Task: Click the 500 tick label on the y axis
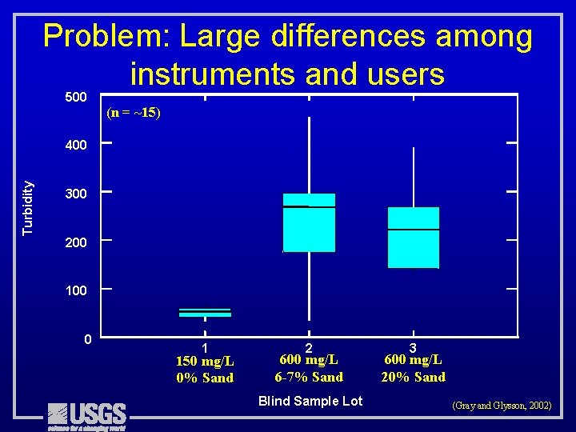coord(76,98)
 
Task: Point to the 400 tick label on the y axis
coord(76,146)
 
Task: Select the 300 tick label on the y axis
coord(76,194)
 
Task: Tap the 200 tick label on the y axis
coord(76,242)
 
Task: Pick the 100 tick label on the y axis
coord(76,290)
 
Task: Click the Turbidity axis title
coord(28,207)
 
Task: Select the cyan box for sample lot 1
coord(205,313)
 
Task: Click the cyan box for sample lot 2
coord(309,223)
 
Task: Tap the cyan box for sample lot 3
coord(413,238)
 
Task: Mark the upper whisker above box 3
coord(413,177)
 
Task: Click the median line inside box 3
coord(413,230)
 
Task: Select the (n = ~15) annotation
coord(134,113)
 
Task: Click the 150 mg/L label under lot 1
coord(205,362)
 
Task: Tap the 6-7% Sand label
coord(309,377)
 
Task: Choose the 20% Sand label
coord(413,377)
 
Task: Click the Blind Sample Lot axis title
coord(310,401)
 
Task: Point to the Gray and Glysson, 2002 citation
coord(502,406)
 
